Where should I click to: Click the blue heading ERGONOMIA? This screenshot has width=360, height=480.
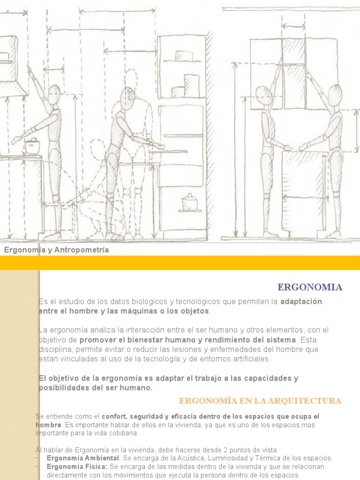point(310,287)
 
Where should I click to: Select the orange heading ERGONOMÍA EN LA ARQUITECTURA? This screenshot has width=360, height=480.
point(260,401)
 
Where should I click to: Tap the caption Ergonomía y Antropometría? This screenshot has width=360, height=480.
point(57,250)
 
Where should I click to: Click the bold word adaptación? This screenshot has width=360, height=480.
point(301,301)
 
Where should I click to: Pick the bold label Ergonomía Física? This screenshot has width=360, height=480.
point(77,466)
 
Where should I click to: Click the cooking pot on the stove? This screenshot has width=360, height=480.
point(32,145)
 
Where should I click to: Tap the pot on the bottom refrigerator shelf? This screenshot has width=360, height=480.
point(190,203)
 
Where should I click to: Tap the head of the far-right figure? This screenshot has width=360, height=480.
point(335,95)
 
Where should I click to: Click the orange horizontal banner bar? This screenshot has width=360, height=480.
point(180,263)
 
